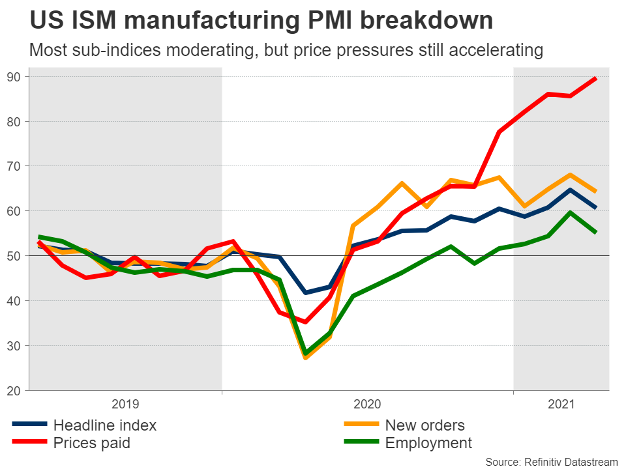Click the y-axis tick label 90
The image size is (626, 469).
coord(14,77)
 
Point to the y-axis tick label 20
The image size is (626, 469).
coord(14,390)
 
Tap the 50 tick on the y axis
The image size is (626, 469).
coord(14,256)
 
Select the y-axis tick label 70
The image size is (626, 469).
coord(14,166)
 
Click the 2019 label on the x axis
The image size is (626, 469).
coord(126,405)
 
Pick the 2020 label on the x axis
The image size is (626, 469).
coord(367,405)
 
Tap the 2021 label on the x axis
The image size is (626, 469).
coord(561,405)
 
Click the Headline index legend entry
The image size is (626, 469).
coord(104,426)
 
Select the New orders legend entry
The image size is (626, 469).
coord(425,426)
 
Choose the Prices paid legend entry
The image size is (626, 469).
coord(91,444)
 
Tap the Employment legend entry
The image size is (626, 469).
coord(428,444)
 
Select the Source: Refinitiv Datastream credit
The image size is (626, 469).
coord(551,462)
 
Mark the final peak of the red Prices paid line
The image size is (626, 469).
coord(595,78)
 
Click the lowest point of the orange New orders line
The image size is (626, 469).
coord(305,358)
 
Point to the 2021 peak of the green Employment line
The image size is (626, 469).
coord(570,212)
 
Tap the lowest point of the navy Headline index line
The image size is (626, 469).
coord(305,292)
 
